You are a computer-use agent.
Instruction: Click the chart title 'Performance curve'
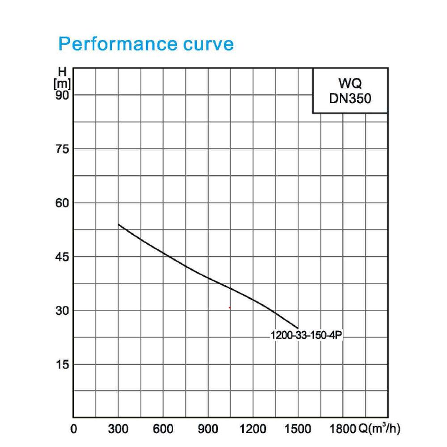pos(146,44)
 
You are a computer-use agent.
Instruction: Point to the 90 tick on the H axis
pos(62,95)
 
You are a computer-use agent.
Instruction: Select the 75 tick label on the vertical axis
pos(62,149)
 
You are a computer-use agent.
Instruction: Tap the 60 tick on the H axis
pos(62,203)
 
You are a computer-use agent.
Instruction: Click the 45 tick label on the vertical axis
pos(62,257)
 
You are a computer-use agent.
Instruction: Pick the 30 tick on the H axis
pos(62,311)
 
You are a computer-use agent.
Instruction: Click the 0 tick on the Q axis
pos(74,429)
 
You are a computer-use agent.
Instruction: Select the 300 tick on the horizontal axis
pos(118,429)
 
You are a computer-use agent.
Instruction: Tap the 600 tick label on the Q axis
pos(163,429)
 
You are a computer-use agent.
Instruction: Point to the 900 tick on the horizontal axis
pos(208,429)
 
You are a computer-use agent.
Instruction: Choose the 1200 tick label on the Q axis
pos(253,429)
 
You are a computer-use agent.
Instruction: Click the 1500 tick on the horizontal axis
pos(298,429)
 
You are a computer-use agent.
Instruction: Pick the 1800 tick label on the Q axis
pos(343,429)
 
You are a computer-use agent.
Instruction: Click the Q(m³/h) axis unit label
pos(379,429)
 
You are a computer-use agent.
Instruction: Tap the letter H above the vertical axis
pos(62,72)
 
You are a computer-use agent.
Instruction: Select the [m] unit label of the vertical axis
pos(62,84)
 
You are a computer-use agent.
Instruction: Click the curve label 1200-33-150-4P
pos(306,335)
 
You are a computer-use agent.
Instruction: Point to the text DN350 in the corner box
pos(350,98)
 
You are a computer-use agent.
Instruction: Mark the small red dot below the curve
pos(229,308)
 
